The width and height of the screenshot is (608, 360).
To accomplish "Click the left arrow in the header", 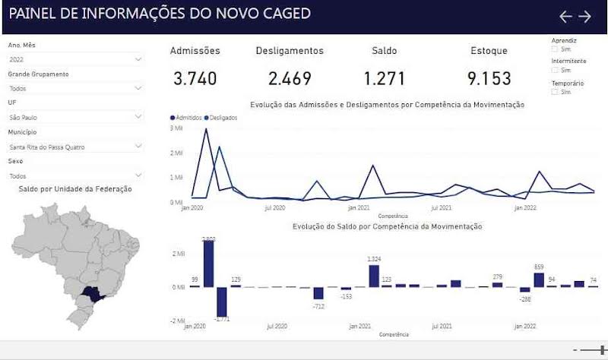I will [565, 16].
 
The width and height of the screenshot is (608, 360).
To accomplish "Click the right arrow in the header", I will [584, 16].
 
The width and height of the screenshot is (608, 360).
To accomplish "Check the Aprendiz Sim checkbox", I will [555, 49].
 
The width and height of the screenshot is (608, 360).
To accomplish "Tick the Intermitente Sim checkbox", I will [555, 70].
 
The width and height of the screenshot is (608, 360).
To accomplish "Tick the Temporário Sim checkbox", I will [555, 92].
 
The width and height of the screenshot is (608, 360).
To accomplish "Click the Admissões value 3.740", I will [195, 78].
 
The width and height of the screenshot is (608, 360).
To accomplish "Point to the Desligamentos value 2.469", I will [290, 78].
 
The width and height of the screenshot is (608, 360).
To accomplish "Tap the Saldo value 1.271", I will [384, 78].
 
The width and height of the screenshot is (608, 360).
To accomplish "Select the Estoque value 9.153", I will [489, 78].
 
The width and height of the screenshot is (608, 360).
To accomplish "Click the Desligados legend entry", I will [221, 118].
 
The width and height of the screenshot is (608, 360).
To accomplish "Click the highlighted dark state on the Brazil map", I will [93, 292].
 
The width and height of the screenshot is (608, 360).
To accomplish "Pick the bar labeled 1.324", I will [374, 276].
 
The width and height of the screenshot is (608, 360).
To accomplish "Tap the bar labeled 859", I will [539, 279].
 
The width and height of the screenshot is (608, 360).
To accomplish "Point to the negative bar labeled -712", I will [318, 292].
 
